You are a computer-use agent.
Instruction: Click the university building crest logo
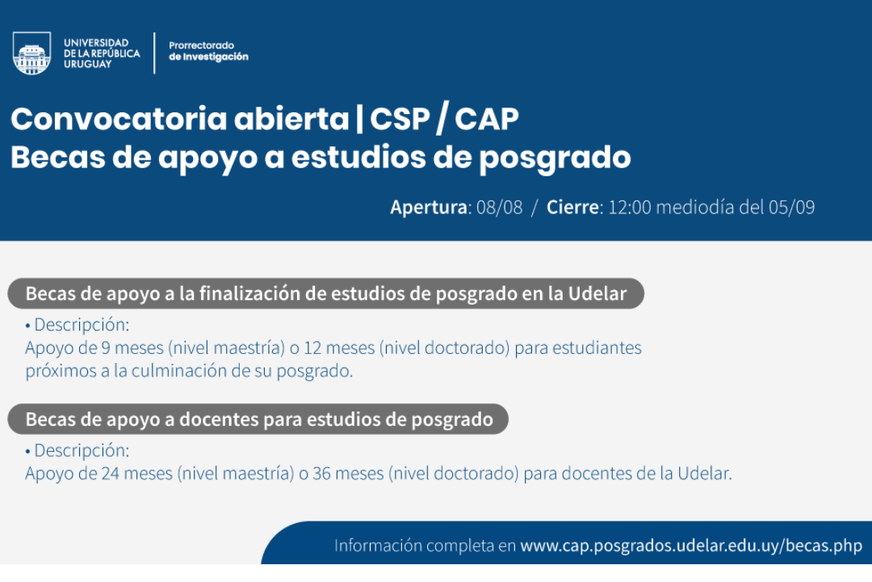[x=31, y=53]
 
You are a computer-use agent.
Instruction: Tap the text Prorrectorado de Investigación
[x=208, y=51]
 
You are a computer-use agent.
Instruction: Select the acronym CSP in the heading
[x=400, y=119]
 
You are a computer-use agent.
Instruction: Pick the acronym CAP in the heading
[x=487, y=119]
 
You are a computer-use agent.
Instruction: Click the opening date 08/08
[x=500, y=207]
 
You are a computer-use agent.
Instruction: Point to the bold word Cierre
[x=572, y=207]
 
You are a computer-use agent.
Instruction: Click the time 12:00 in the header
[x=630, y=207]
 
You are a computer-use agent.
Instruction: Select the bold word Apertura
[x=429, y=207]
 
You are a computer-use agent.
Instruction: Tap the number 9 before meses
[x=106, y=348]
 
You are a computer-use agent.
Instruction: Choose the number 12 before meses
[x=312, y=348]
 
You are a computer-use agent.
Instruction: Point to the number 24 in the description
[x=110, y=474]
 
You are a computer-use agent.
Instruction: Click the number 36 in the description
[x=321, y=474]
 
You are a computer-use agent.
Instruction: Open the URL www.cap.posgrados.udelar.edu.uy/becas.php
[x=691, y=546]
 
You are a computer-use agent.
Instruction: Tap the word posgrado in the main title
[x=555, y=158]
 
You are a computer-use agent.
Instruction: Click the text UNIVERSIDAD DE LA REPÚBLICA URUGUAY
[x=102, y=53]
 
